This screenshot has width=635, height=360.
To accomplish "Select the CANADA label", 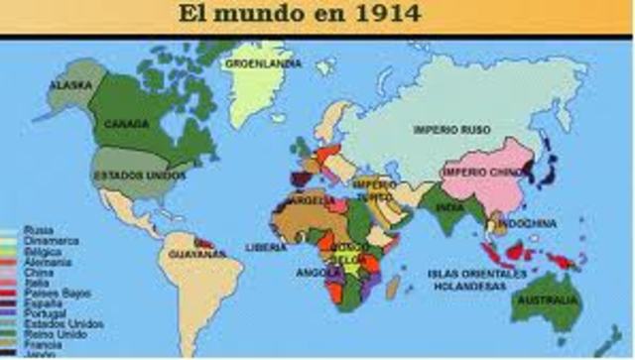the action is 126,124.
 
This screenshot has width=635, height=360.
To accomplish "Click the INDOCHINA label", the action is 527,223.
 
